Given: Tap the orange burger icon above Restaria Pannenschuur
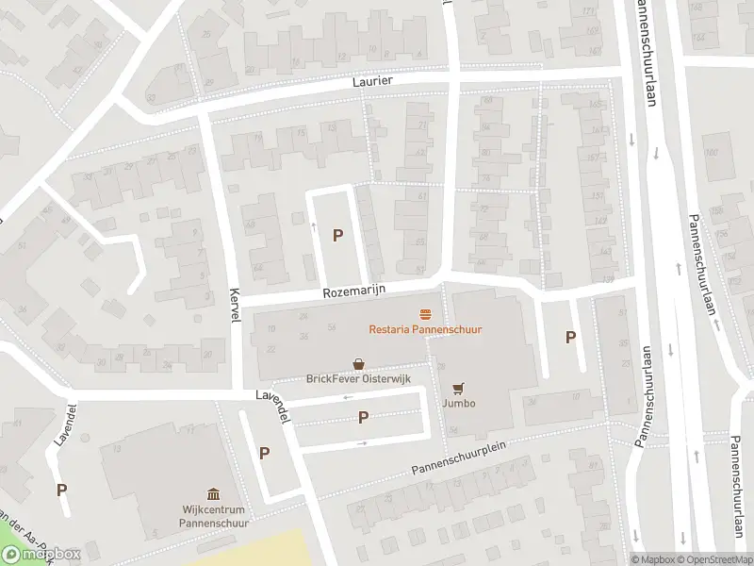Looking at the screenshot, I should point(426,314).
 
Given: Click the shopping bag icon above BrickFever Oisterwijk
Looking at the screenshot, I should point(358,363).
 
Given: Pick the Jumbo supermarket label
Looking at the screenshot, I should point(459,404).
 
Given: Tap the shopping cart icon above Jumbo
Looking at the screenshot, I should point(459,387).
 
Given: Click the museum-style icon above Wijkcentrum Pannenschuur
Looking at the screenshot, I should point(213,493).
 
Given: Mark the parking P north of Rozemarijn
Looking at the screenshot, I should point(337,236).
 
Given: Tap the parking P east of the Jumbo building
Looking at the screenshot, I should point(569,337).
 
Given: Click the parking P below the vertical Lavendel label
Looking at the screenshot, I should point(62,490).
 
